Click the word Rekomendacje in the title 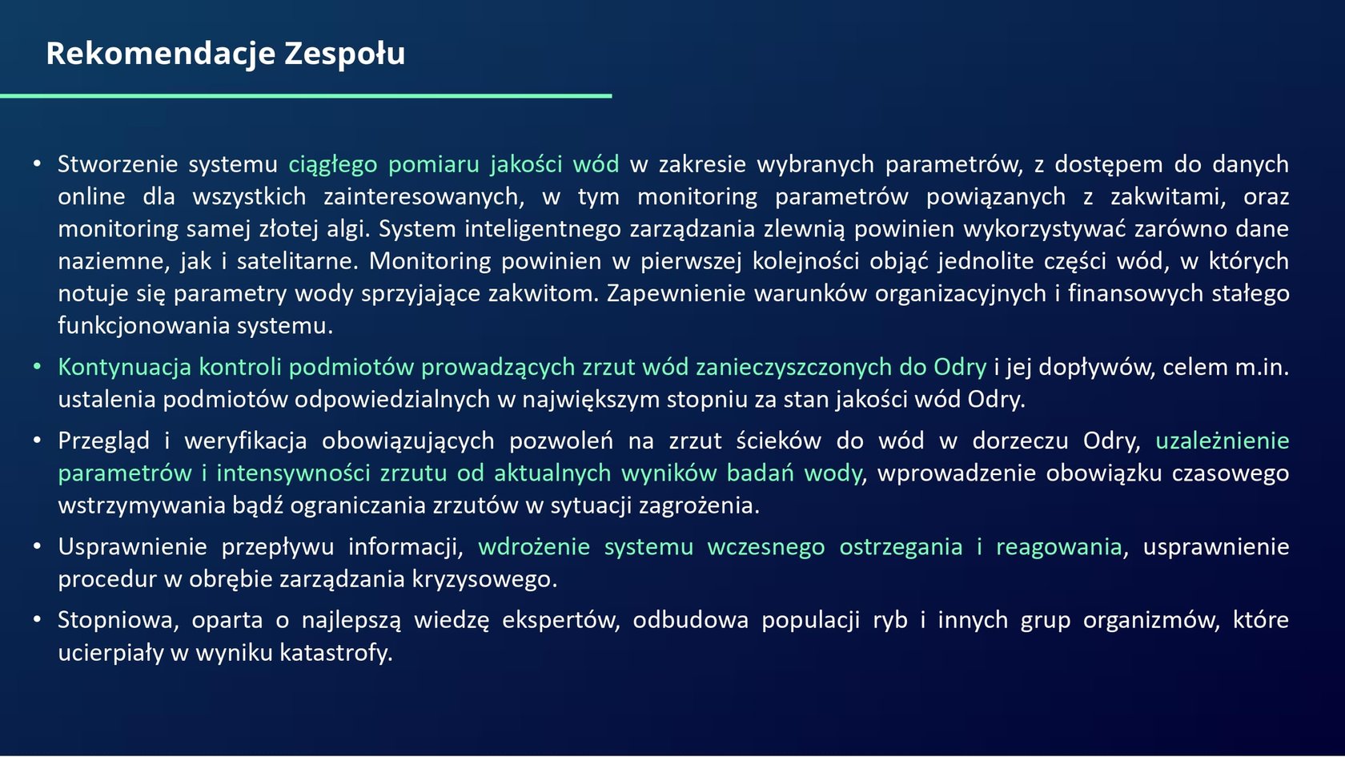pyautogui.click(x=160, y=54)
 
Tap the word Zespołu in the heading pyautogui.click(x=344, y=54)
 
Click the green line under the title pyautogui.click(x=306, y=95)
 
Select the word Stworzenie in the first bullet pyautogui.click(x=118, y=164)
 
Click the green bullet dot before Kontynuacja pyautogui.click(x=37, y=367)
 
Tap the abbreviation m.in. pyautogui.click(x=1261, y=368)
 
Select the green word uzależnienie pyautogui.click(x=1222, y=441)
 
